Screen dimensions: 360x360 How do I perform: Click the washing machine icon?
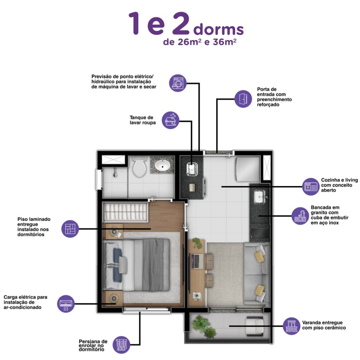pyautogui.click(x=178, y=83)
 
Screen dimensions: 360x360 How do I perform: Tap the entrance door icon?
pyautogui.click(x=243, y=99)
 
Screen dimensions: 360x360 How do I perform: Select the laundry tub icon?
pyautogui.click(x=171, y=120)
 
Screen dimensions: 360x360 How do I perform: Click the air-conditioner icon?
pyautogui.click(x=66, y=304)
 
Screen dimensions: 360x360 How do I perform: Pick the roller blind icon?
pyautogui.click(x=121, y=344)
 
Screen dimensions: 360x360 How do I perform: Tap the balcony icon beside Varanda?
pyautogui.click(x=291, y=326)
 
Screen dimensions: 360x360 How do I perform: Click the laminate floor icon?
pyautogui.click(x=70, y=229)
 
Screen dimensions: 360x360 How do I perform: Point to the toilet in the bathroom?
pyautogui.click(x=139, y=166)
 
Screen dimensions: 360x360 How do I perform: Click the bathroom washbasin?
pyautogui.click(x=163, y=165)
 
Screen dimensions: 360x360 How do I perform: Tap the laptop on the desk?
pyautogui.click(x=197, y=261)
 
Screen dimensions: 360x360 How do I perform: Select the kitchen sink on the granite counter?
pyautogui.click(x=259, y=197)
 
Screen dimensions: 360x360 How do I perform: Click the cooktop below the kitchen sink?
pyautogui.click(x=260, y=234)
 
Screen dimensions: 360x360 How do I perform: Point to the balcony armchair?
pyautogui.click(x=254, y=326)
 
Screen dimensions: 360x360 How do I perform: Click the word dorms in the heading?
pyautogui.click(x=219, y=30)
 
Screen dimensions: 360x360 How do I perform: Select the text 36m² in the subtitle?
pyautogui.click(x=225, y=42)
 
